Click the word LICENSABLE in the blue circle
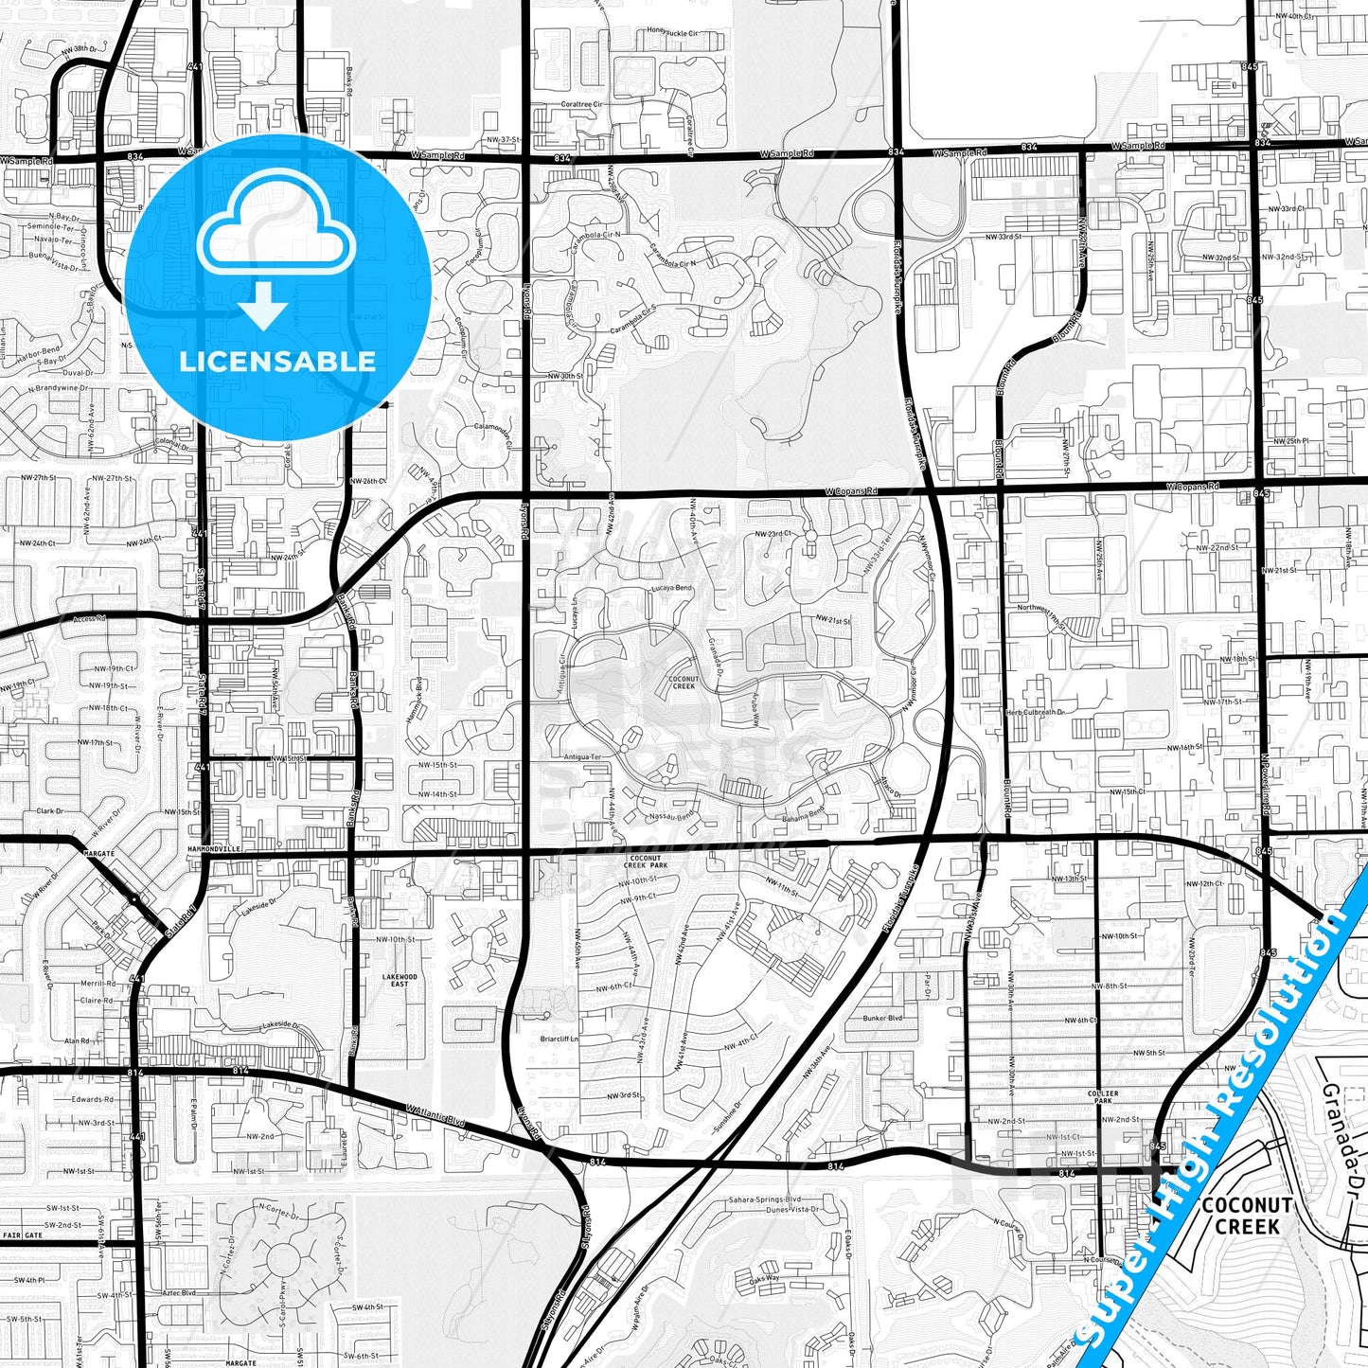277,362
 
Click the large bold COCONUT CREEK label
1247,1217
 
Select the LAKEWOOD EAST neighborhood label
400,980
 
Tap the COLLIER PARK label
1104,1097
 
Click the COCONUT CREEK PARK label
646,862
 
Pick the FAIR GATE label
23,1235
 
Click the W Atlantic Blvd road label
436,1116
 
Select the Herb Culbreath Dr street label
1035,712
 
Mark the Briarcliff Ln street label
559,1038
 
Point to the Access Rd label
89,619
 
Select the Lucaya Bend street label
671,588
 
